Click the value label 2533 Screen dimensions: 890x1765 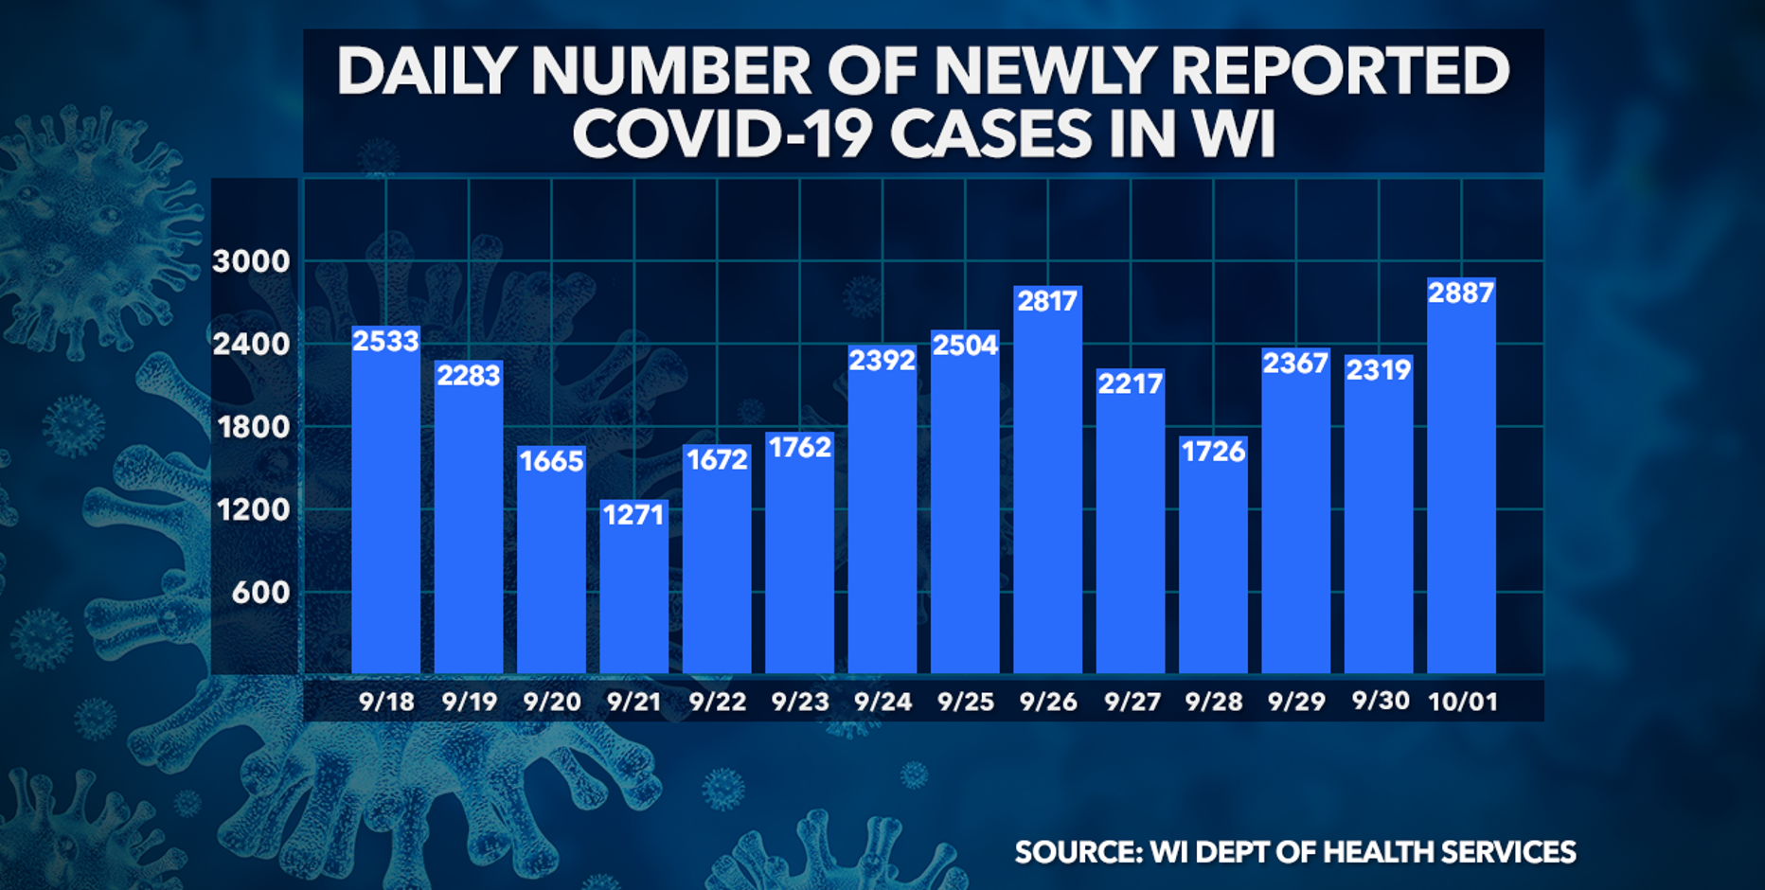[x=385, y=341]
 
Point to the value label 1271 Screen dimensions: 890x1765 [x=633, y=515]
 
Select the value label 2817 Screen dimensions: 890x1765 [x=1047, y=301]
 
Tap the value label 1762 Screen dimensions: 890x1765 [x=800, y=447]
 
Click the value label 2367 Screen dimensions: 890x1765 [x=1295, y=364]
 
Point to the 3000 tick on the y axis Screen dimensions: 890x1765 [x=251, y=261]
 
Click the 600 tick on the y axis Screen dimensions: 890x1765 [x=260, y=593]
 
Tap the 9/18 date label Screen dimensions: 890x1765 [x=386, y=702]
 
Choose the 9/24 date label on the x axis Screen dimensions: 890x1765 [x=882, y=702]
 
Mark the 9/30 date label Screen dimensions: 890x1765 [x=1380, y=701]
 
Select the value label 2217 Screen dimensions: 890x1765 [x=1130, y=383]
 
